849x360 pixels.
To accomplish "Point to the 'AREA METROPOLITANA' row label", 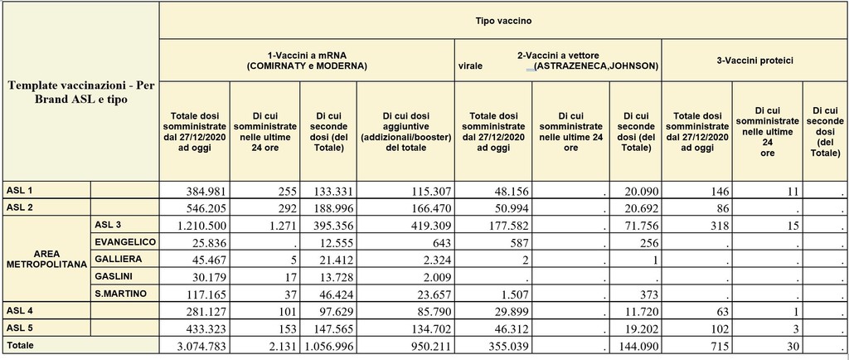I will click(46, 258).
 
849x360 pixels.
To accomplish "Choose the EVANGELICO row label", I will click(122, 241).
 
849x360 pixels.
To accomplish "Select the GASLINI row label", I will click(113, 275).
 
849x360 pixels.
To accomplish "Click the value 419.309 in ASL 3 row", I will click(426, 225).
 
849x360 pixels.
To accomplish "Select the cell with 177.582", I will click(501, 225).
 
